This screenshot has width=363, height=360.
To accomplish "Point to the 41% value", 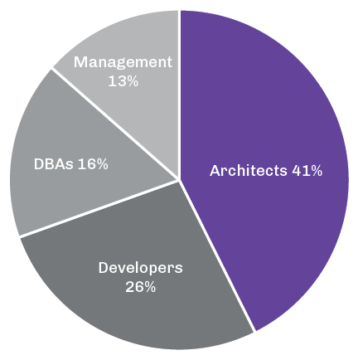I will [x=307, y=171].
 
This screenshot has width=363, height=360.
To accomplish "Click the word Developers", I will [x=140, y=268].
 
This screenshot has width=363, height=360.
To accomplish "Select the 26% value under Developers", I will [x=141, y=287].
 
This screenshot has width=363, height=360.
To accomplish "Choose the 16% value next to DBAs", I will [x=93, y=163].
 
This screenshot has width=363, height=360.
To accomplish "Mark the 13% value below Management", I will [x=123, y=81].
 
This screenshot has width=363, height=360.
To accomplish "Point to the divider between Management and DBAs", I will [x=116, y=124].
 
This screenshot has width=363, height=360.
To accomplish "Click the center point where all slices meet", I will [x=180, y=179].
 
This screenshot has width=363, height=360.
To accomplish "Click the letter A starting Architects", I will [x=215, y=171].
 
